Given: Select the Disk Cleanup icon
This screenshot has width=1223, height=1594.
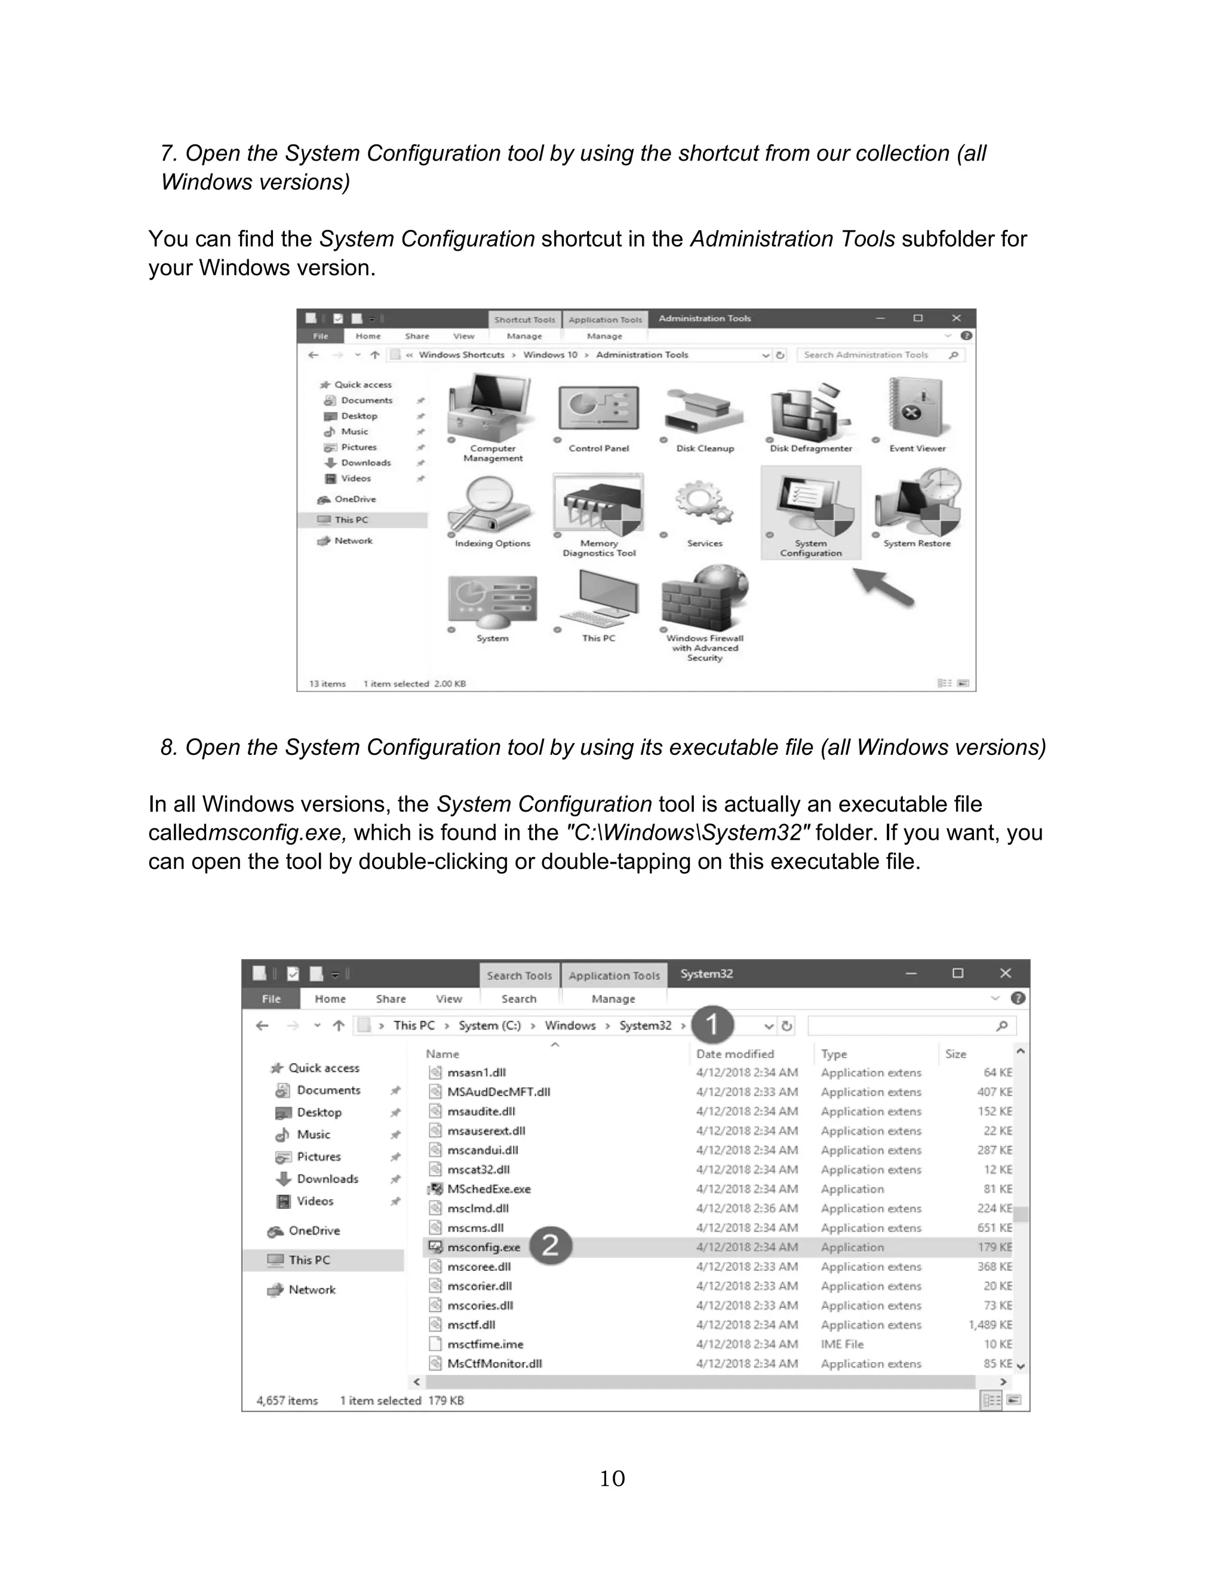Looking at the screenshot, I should [704, 412].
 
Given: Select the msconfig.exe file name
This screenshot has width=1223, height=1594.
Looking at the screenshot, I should [483, 1247].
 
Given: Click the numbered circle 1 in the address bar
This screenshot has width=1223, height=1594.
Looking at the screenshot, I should [712, 1024].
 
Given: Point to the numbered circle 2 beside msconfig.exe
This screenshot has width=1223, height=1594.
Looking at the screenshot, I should [551, 1245].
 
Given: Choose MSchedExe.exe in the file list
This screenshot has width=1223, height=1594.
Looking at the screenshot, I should [488, 1188].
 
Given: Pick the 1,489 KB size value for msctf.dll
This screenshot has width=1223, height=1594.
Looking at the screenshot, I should [990, 1325].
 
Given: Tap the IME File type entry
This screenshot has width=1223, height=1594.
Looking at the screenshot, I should [842, 1344].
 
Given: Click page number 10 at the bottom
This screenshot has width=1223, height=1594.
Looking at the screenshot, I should [611, 1478].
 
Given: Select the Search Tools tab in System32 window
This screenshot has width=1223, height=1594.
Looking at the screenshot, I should [519, 975].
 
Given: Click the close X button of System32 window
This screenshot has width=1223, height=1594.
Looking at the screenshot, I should [1006, 973].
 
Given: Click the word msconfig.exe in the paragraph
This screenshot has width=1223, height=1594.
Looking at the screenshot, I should [276, 833].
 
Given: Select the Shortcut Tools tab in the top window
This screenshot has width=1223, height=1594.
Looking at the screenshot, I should [524, 320].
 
